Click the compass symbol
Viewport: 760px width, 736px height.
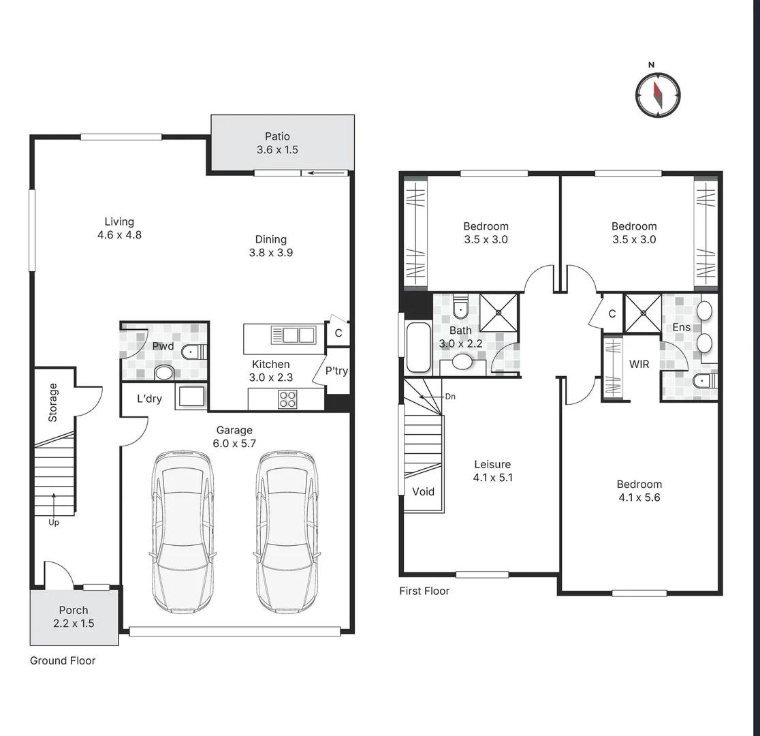[658, 95]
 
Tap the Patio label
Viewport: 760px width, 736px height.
[277, 136]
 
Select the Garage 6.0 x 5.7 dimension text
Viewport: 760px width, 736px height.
[234, 444]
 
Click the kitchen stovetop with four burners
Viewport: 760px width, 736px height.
[287, 399]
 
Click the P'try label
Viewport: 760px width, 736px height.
[336, 371]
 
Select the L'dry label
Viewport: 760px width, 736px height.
[149, 399]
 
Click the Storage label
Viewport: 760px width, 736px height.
[53, 403]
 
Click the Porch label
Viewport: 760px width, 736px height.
[74, 611]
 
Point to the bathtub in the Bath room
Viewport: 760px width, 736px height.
[418, 348]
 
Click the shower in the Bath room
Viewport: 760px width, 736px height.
[498, 312]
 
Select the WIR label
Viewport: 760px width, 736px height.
[639, 365]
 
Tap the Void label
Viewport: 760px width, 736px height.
[423, 491]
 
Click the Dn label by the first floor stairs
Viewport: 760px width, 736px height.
[450, 397]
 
